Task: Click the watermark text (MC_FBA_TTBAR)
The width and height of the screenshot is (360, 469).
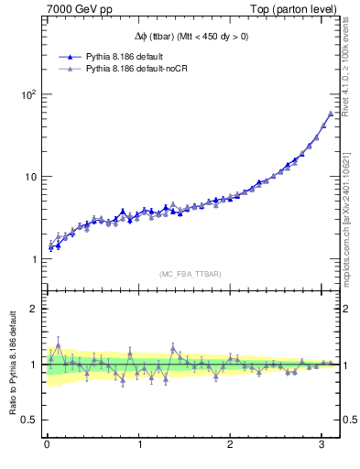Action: pyautogui.click(x=190, y=273)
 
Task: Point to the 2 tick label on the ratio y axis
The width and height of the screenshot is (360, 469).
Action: pyautogui.click(x=32, y=309)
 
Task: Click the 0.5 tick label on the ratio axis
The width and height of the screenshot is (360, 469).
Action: pyautogui.click(x=27, y=420)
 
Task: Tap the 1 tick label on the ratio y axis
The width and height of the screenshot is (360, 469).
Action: pyautogui.click(x=32, y=365)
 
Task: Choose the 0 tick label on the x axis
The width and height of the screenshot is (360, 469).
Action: pyautogui.click(x=47, y=445)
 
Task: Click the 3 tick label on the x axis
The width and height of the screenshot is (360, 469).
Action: pyautogui.click(x=323, y=445)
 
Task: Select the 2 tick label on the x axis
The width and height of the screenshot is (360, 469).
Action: pyautogui.click(x=231, y=445)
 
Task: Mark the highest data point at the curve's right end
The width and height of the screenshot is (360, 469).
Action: pyautogui.click(x=331, y=114)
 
